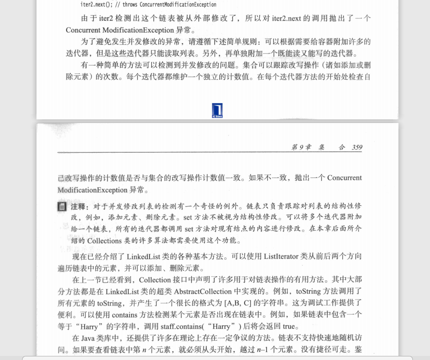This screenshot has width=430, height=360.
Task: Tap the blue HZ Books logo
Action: pos(217,110)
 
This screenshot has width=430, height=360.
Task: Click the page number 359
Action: pos(357,147)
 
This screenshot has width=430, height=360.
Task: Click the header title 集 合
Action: pos(332,147)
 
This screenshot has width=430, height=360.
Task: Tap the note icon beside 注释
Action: pos(62,207)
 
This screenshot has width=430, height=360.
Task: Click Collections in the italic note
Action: pos(104,241)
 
